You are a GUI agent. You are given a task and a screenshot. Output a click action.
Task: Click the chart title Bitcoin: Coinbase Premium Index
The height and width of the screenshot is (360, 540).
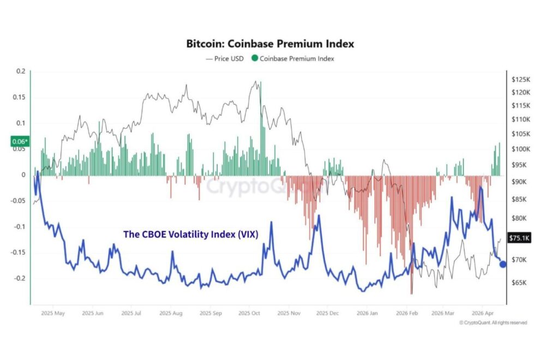[269, 43]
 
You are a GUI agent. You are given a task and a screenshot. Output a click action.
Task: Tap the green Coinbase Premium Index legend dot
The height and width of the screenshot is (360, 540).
[255, 58]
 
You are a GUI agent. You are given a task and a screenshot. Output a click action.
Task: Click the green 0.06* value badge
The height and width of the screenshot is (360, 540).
[19, 142]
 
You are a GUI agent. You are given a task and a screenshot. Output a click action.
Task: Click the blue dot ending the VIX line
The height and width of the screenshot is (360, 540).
[503, 264]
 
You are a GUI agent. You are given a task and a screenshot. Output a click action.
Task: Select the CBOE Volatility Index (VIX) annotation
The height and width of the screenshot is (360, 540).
[191, 234]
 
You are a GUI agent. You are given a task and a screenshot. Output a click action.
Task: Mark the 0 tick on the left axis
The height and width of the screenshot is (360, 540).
[23, 175]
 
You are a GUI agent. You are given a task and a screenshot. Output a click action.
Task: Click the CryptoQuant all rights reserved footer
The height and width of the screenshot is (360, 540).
[493, 323]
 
